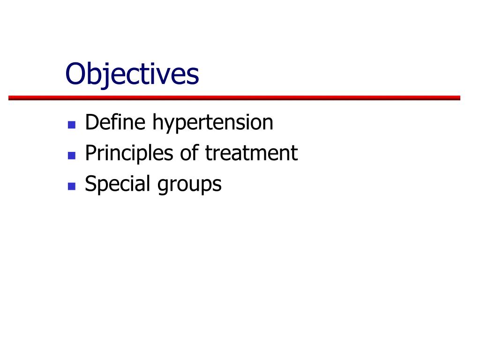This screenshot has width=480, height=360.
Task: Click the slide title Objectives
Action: coord(132,74)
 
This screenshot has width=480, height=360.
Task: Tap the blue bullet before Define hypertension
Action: coord(72,125)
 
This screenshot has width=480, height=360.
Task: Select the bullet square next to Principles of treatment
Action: coord(72,155)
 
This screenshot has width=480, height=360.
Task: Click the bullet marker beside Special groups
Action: coord(72,186)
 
